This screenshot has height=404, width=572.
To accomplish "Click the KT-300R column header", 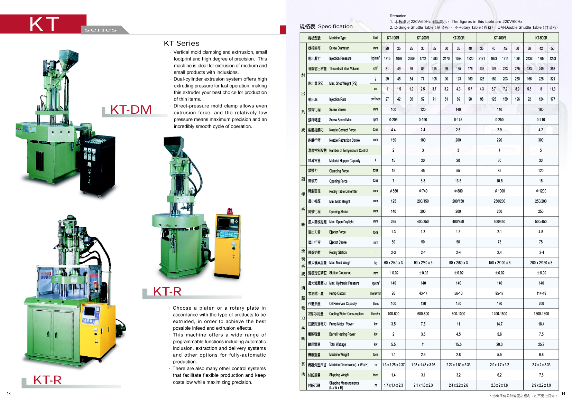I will point(458,38).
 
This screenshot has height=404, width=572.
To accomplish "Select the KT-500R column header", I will point(541,38).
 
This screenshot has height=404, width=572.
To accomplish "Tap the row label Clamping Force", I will point(339,171).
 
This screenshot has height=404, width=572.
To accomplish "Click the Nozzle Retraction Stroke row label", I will point(344,140).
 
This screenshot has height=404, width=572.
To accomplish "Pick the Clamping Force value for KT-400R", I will point(499,171).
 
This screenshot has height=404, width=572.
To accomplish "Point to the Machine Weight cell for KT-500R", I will point(541,355).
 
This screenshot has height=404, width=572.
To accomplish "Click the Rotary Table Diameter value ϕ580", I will point(393,191).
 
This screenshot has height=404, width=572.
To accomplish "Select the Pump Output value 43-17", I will point(423,293).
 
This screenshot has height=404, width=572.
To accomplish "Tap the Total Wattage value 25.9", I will point(541,345).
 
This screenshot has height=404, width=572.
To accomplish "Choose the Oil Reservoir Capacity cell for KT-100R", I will point(393,304).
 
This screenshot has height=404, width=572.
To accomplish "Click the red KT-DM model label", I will point(131,110).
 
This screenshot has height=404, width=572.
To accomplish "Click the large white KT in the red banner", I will point(44,24).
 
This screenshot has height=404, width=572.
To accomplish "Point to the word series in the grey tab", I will point(101,30).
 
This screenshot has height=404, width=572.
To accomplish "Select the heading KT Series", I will point(182,44).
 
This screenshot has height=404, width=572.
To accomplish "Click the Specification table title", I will point(326,26).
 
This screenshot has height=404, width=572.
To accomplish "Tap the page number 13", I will point(9,394).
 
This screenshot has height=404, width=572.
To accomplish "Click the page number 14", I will point(563,394).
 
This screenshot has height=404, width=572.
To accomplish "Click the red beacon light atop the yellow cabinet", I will point(229,211).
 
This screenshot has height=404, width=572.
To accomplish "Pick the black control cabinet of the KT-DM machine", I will point(98,166).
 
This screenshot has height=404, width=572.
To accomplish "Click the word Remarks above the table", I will point(398,16).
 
